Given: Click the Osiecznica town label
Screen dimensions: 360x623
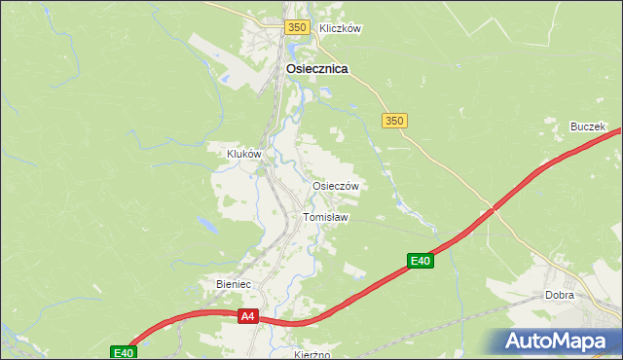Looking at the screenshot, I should (x=317, y=69).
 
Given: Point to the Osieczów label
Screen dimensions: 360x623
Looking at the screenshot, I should (x=336, y=186).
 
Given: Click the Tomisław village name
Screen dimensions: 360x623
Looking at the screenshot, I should (x=325, y=217).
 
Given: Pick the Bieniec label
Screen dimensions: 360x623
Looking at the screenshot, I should (x=233, y=284).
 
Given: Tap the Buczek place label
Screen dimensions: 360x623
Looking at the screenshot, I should (x=588, y=127).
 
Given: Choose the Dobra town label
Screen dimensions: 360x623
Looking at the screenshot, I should (x=560, y=295).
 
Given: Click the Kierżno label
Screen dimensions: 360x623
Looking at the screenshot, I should (x=311, y=354).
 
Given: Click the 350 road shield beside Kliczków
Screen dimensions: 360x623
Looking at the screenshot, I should (x=297, y=28).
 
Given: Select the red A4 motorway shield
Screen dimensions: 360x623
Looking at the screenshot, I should (x=247, y=316).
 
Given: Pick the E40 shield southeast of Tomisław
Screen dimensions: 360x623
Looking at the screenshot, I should (x=420, y=261).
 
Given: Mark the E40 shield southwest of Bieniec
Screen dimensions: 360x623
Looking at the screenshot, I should (x=123, y=352).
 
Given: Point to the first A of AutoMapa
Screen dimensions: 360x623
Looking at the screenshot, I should (x=515, y=342).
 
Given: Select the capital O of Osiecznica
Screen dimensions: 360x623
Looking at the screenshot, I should (x=292, y=69).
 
